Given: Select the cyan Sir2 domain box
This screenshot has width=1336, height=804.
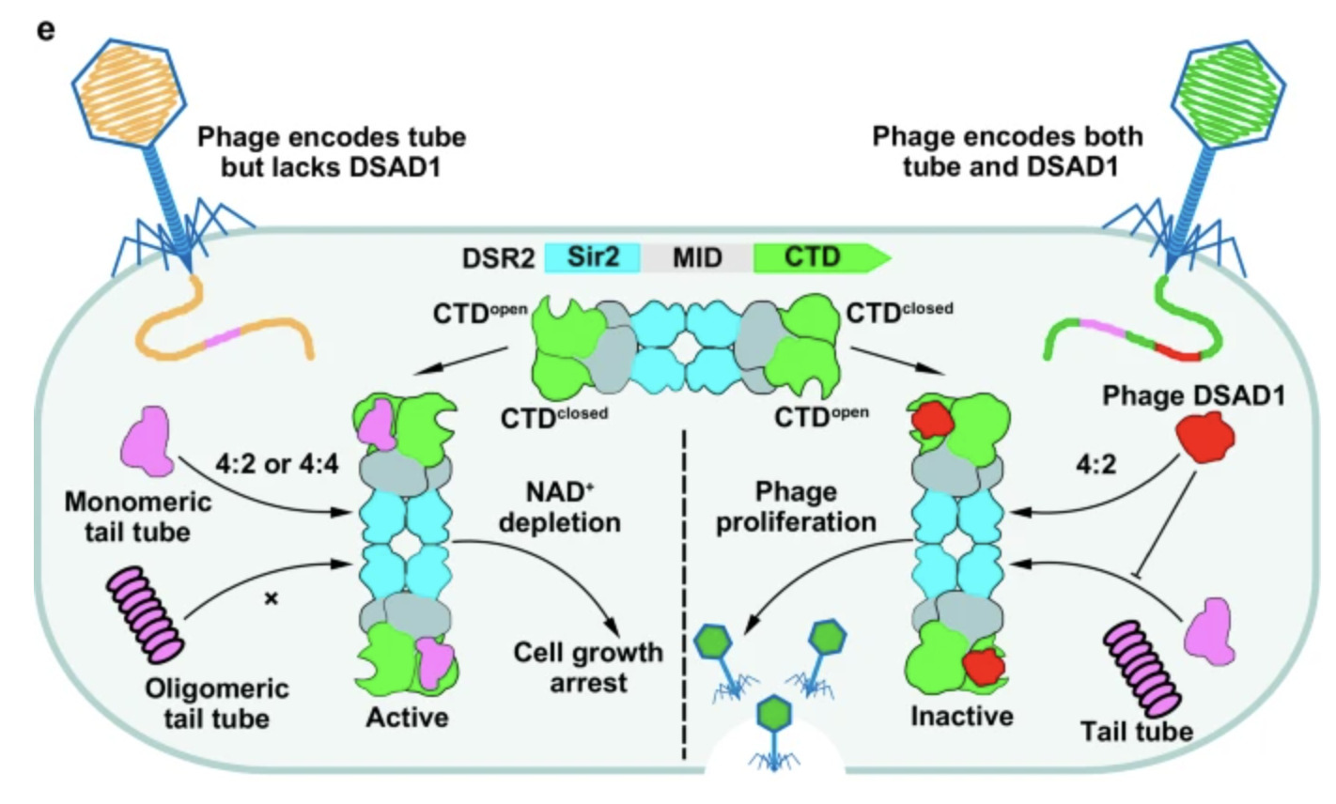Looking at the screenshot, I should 593,256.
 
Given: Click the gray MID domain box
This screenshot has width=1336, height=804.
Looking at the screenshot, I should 696,256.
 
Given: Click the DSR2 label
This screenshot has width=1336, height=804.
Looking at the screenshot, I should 498,257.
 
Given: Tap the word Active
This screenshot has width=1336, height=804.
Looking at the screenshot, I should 407,718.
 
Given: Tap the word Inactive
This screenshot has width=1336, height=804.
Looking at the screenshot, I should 961,716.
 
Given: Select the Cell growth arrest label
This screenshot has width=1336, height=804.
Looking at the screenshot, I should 587,666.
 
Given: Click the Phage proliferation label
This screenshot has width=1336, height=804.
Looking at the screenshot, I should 796,507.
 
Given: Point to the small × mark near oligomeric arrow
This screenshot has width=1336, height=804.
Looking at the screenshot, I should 272,598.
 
